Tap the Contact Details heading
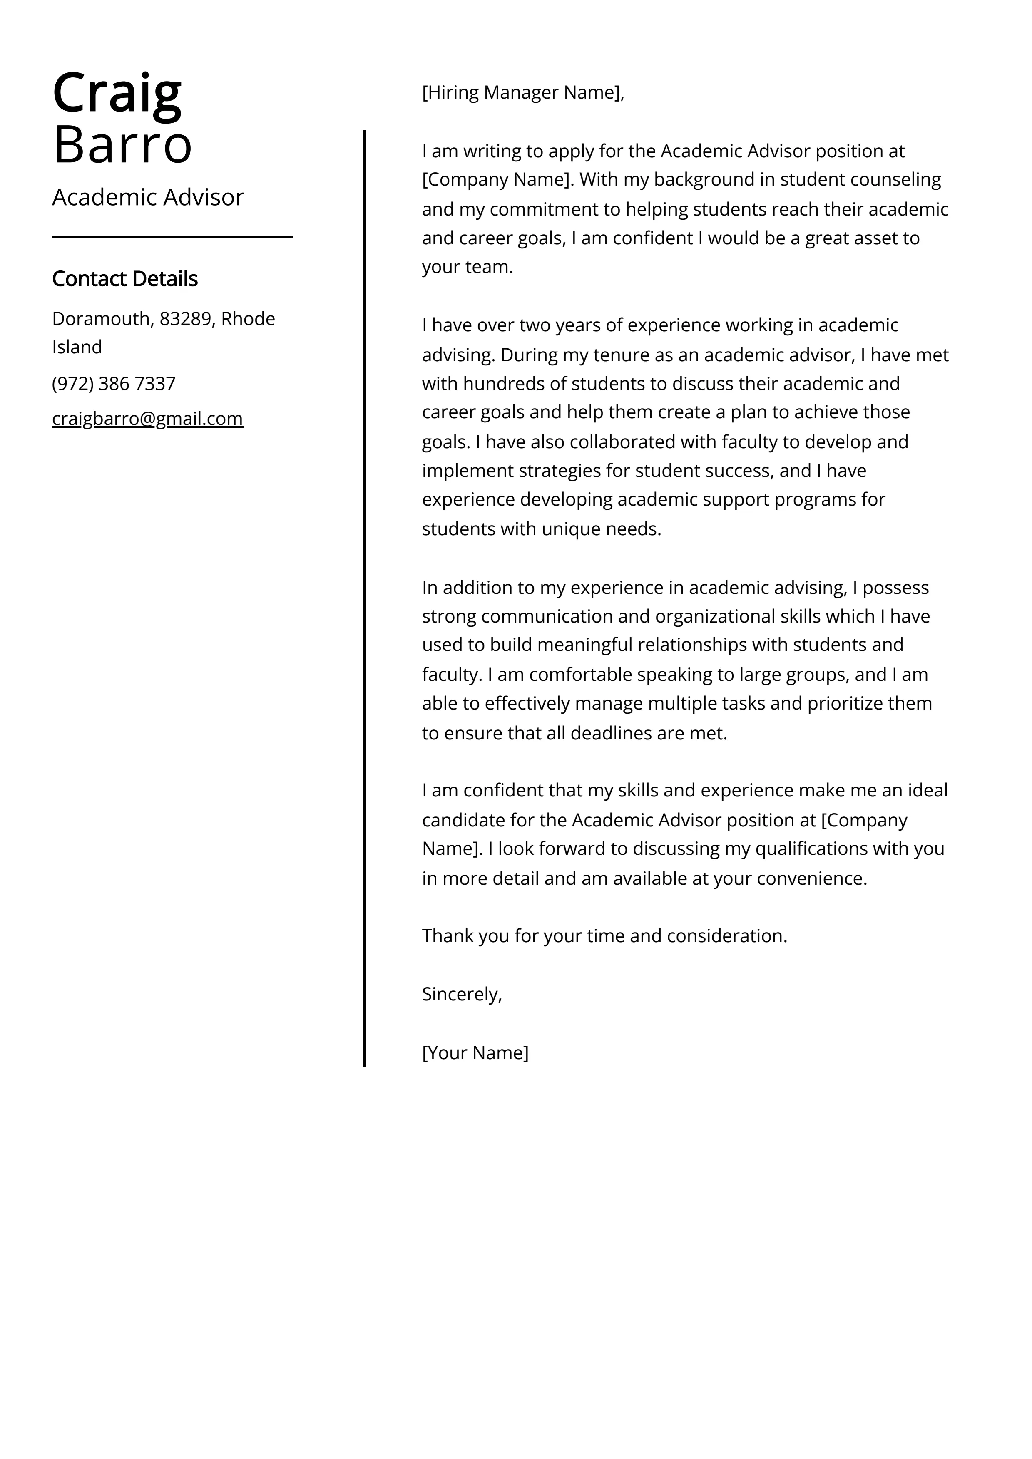point(124,279)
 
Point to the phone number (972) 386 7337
point(114,384)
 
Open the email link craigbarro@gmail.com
point(147,419)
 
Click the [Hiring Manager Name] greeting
point(523,93)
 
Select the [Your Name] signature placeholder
point(475,1053)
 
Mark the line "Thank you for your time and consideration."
point(604,936)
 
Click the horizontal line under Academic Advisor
point(172,237)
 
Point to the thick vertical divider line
point(364,597)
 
